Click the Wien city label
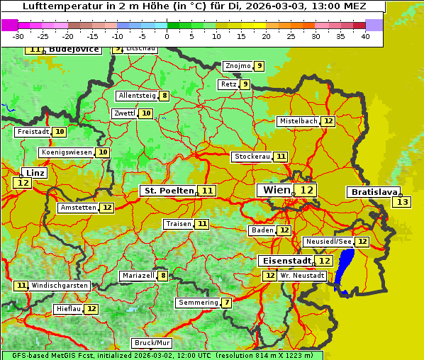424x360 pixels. tap(277, 190)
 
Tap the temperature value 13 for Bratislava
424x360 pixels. tap(402, 203)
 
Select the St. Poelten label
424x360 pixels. tap(169, 191)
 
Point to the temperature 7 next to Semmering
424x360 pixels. tap(226, 303)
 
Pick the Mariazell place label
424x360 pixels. tap(138, 276)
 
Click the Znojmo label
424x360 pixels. tap(238, 66)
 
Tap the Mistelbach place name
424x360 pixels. tap(298, 121)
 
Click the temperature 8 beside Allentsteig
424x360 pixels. tap(164, 96)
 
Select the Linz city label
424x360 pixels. tap(35, 173)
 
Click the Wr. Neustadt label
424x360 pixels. tap(303, 276)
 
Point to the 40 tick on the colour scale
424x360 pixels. tap(365, 36)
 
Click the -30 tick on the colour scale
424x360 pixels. tap(18, 36)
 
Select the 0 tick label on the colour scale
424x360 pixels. tap(167, 36)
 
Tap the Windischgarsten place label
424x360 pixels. tap(60, 286)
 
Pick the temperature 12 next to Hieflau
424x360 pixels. tap(92, 309)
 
